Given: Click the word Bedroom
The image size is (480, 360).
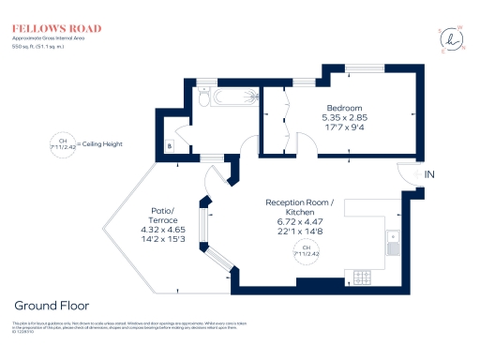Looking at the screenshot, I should tap(344, 108).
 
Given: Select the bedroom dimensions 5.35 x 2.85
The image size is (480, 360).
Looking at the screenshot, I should tap(344, 117).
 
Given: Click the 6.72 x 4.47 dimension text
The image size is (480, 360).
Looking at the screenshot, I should tap(300, 222).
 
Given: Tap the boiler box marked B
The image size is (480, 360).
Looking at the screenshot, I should tap(170, 145).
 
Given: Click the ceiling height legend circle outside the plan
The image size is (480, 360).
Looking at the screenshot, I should tap(64, 144).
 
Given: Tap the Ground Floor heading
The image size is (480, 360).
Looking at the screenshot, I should tap(52, 306).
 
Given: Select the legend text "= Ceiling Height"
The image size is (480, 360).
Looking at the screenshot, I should tap(100, 144).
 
